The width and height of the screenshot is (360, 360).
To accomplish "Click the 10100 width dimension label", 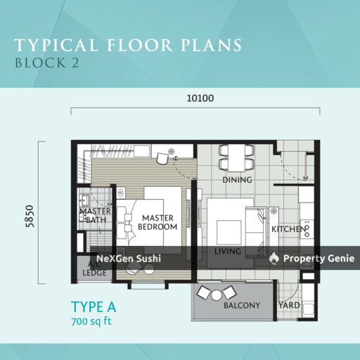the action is [x=200, y=98].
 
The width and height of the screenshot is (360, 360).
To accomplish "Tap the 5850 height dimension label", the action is [x=30, y=216].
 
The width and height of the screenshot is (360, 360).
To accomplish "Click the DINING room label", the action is [x=237, y=180].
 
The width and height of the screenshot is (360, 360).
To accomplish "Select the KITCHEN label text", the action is [x=289, y=229].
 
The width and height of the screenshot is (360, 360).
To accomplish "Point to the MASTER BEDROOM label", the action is [x=157, y=222].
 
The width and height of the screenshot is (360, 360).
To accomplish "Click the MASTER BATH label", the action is [x=96, y=216].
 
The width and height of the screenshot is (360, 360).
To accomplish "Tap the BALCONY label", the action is [x=242, y=305].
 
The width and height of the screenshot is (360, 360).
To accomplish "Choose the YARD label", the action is [x=289, y=305].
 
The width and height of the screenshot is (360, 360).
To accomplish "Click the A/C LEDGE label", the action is [x=94, y=269].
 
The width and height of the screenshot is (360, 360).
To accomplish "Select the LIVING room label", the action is [x=228, y=251].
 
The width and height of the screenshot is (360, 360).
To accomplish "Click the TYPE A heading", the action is [x=94, y=307].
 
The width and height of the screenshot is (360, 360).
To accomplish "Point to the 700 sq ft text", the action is [x=91, y=321].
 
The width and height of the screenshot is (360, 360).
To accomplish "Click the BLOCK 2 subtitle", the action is [x=47, y=63].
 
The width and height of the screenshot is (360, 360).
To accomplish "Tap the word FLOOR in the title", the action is [x=140, y=45].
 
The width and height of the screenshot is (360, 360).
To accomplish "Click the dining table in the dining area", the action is [x=237, y=158].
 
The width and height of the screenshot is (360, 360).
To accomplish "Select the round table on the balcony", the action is [x=216, y=295].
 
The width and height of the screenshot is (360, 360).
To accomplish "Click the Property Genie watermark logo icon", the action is [x=274, y=258].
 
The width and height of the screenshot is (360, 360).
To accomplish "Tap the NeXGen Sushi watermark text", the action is [x=129, y=259].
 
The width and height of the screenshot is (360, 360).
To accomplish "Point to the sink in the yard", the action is [x=309, y=309].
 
